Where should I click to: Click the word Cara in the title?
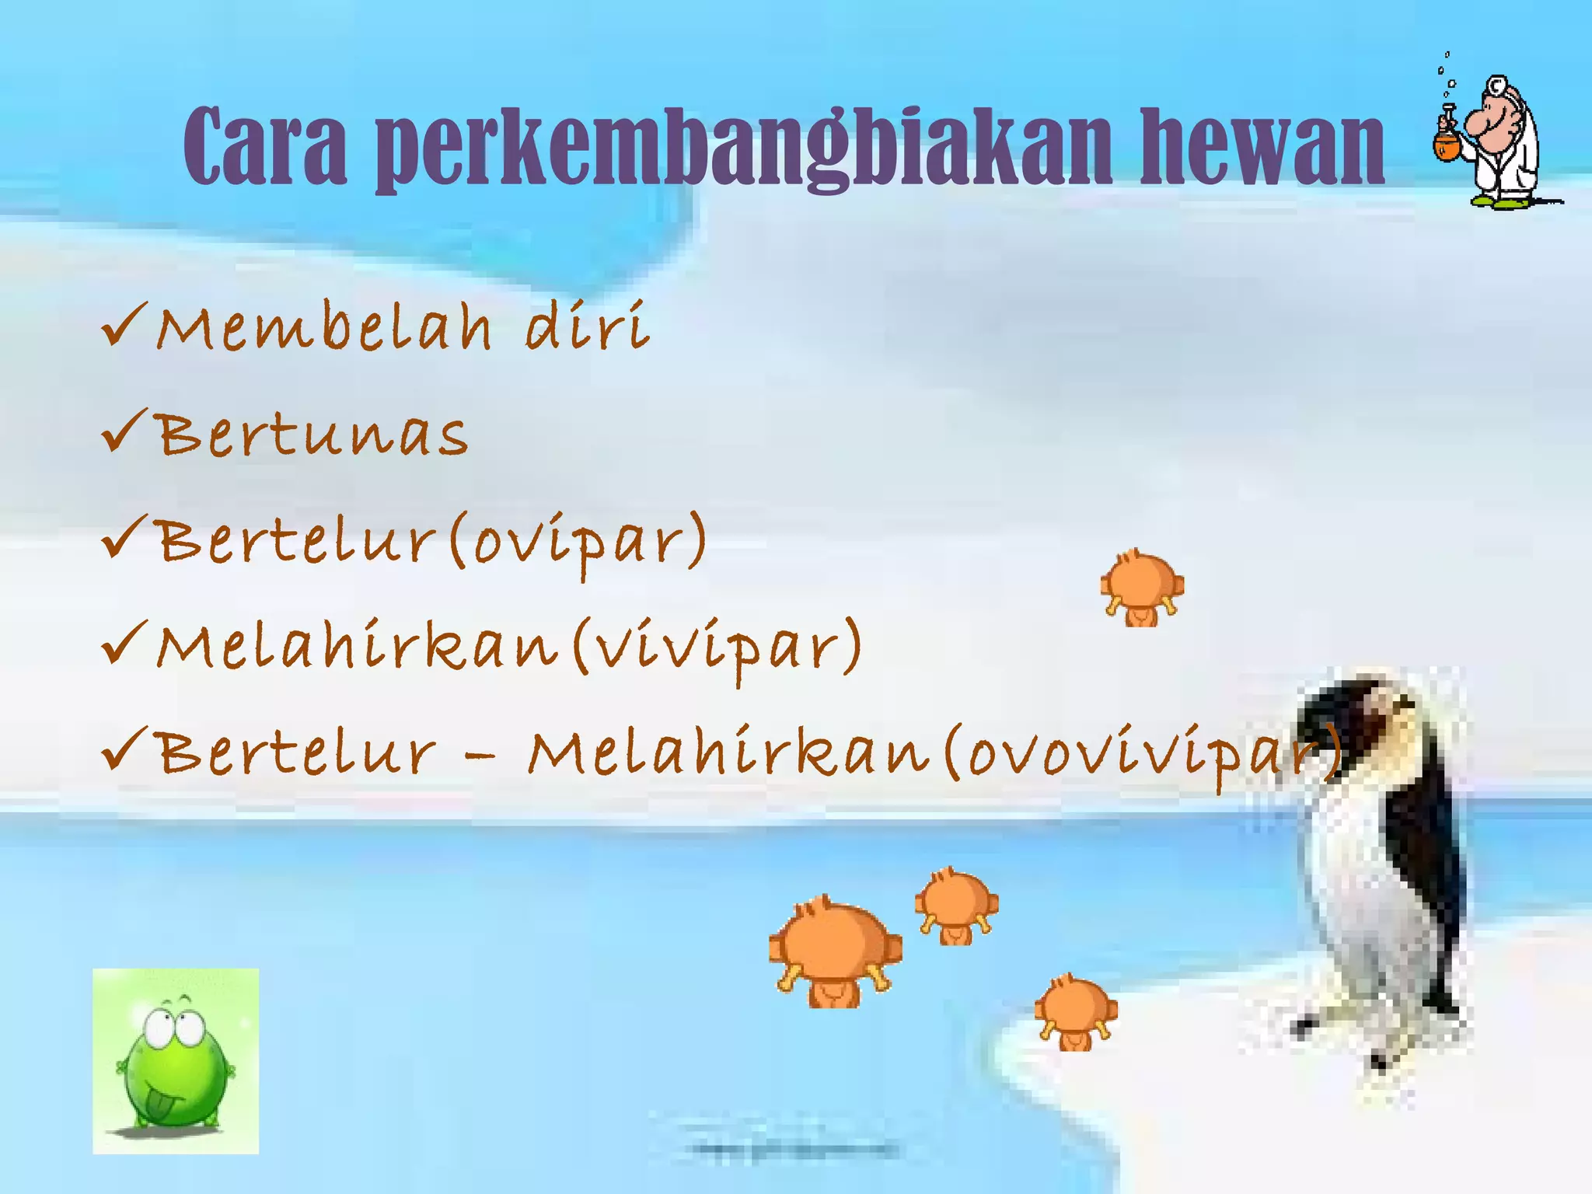[x=264, y=148]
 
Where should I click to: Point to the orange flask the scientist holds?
[x=1447, y=144]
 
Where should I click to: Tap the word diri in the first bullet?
[x=587, y=326]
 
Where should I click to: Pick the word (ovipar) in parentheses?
[x=578, y=542]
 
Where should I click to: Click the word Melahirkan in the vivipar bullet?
[x=358, y=647]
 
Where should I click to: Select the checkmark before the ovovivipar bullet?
[x=123, y=750]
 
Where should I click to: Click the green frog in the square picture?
[x=174, y=1061]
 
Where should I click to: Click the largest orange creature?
[x=835, y=952]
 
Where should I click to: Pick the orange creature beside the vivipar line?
[x=1142, y=587]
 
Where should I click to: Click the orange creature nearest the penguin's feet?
[x=1076, y=1011]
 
